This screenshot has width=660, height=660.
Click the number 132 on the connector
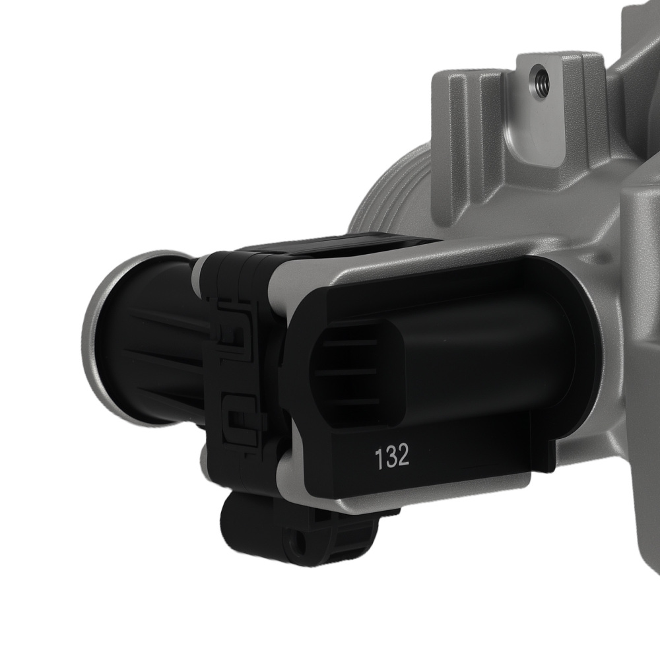click(392, 457)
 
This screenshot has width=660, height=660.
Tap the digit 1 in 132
click(379, 457)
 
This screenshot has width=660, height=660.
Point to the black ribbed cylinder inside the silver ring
click(152, 356)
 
